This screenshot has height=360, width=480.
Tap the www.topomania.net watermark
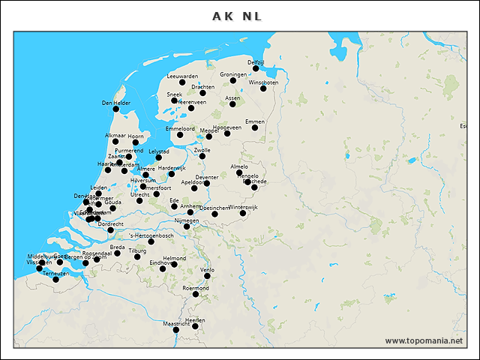click(424, 340)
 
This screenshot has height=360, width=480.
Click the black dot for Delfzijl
click(256, 68)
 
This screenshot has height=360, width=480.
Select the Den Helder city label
click(116, 103)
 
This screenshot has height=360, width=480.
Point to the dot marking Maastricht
click(176, 330)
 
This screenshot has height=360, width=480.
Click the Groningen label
click(233, 75)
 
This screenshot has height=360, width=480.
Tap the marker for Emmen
click(255, 127)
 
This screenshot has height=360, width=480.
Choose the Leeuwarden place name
click(182, 76)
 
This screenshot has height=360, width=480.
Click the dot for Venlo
click(207, 276)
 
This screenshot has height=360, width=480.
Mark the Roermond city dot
click(196, 294)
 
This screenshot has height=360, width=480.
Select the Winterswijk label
click(243, 206)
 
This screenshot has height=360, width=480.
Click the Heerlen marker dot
click(195, 326)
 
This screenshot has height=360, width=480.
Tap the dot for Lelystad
click(158, 157)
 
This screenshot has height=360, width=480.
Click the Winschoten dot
click(263, 88)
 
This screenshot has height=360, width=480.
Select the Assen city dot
click(232, 103)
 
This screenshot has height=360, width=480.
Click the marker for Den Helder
click(115, 109)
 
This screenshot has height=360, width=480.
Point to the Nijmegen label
click(187, 221)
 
